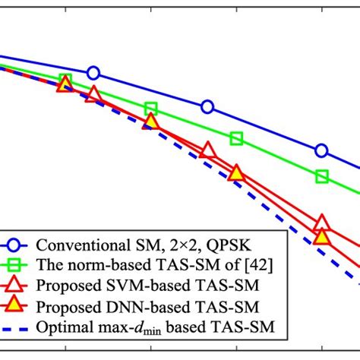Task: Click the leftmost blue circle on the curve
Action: click(x=93, y=73)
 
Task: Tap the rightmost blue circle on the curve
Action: click(x=321, y=150)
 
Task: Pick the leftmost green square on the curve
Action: click(x=65, y=81)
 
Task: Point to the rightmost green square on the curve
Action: click(x=321, y=177)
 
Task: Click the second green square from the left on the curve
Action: click(x=150, y=109)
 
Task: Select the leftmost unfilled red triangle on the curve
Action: click(x=93, y=95)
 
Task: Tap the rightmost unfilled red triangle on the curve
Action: click(x=321, y=223)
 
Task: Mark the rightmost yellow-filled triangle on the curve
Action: click(x=321, y=238)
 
